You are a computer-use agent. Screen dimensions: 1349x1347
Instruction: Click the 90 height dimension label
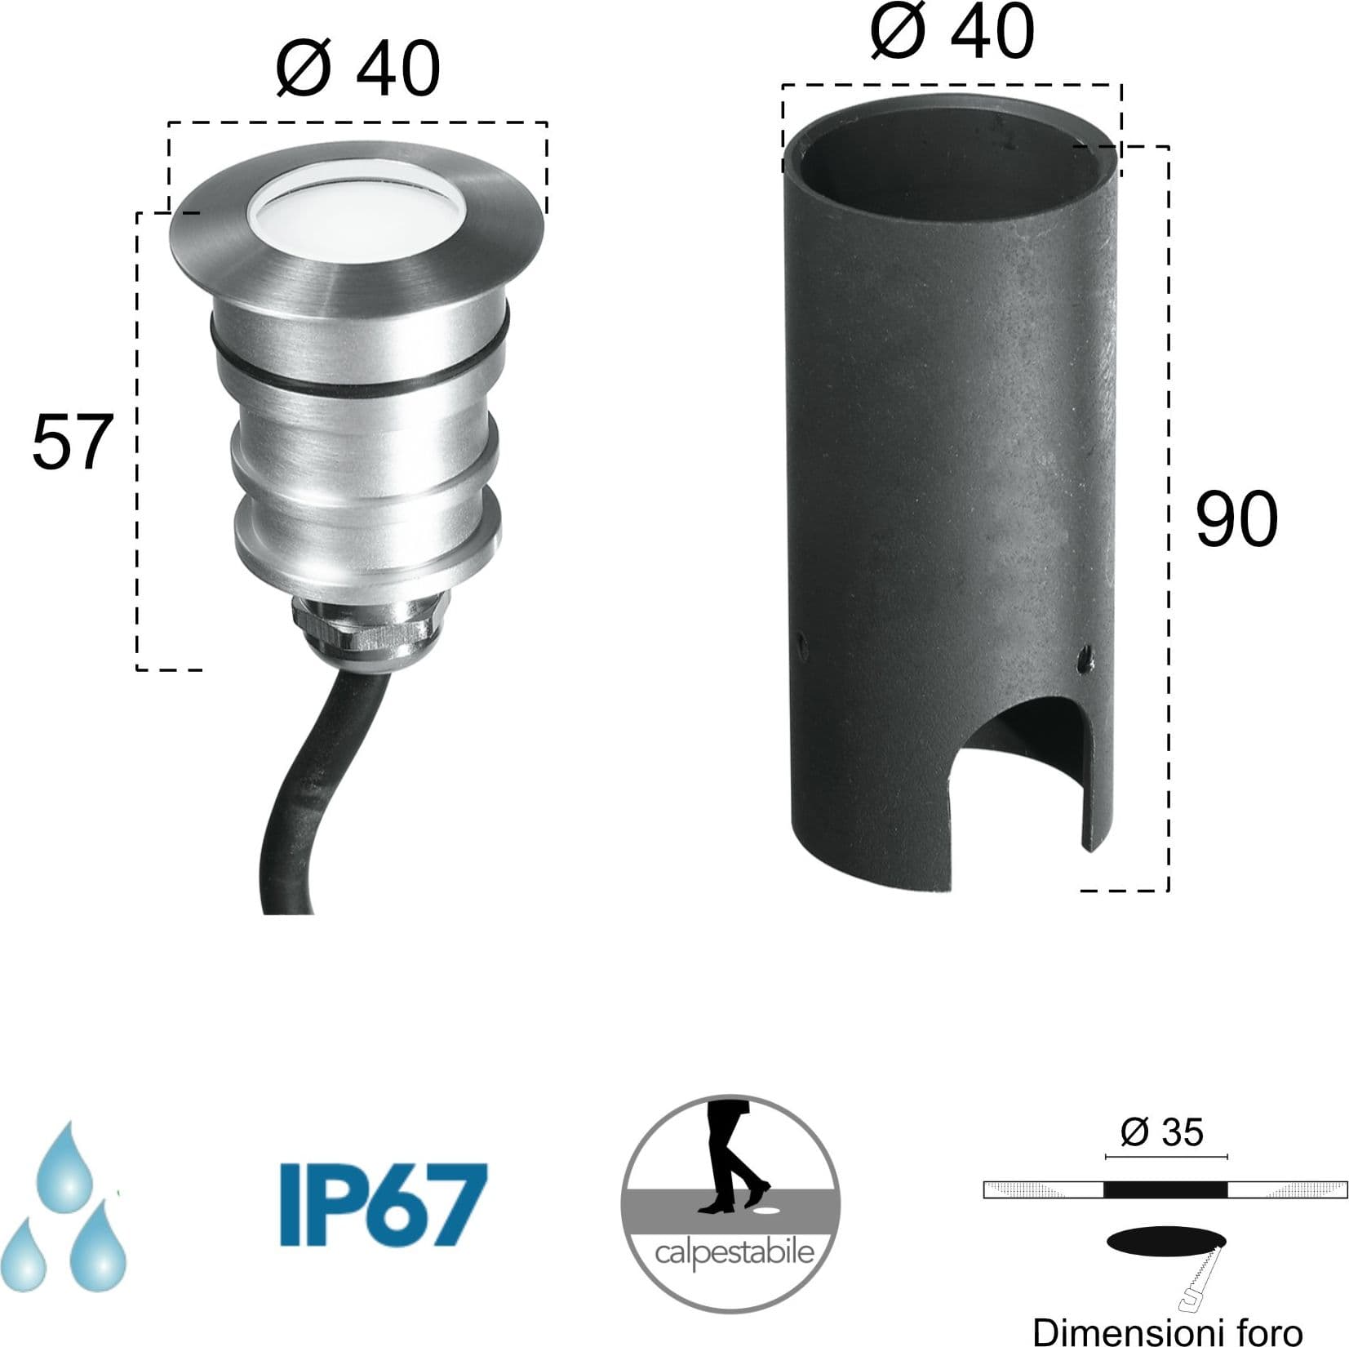[1236, 519]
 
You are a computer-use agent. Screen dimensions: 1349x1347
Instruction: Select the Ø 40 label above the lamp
[358, 69]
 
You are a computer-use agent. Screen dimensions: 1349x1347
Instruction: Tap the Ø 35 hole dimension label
[1162, 1132]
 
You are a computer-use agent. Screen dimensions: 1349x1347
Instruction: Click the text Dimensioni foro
[1167, 1332]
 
